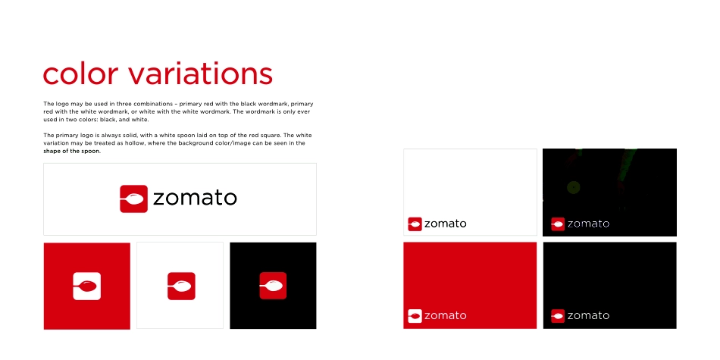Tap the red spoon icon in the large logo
pos(133,199)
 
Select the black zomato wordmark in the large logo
pos(195,199)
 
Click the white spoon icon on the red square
pos(87,286)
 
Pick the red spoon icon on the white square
pos(181,286)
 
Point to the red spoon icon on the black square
pos(273,286)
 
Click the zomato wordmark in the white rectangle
pos(446,224)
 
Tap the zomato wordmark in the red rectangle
pos(446,315)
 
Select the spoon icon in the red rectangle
pos(415,315)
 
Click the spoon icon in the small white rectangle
pos(415,224)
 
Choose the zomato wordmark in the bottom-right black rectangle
pos(588,315)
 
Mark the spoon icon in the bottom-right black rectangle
pos(558,315)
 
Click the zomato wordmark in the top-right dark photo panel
pos(588,224)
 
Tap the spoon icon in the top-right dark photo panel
pos(558,224)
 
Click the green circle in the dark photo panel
pos(573,186)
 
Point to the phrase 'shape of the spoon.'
pos(72,151)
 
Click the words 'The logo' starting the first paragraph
pos(55,103)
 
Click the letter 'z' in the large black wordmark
pos(159,199)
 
